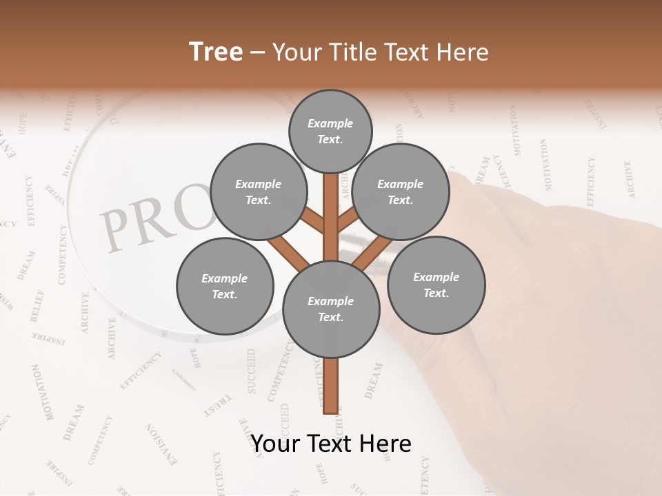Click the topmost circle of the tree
(x=330, y=131)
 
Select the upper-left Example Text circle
(x=259, y=192)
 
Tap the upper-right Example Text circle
(x=401, y=192)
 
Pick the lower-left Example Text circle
(x=225, y=286)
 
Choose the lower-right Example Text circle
(x=436, y=285)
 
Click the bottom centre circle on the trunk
(x=331, y=309)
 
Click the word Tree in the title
(x=216, y=52)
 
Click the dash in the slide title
(x=257, y=52)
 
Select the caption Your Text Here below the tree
(x=330, y=443)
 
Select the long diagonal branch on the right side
(x=373, y=252)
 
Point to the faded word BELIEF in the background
(x=37, y=306)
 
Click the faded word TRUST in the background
(x=219, y=406)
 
